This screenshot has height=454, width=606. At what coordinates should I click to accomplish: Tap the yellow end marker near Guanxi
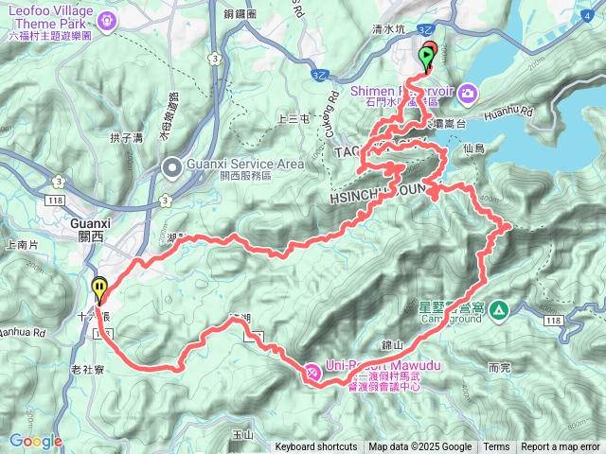pyautogui.click(x=99, y=287)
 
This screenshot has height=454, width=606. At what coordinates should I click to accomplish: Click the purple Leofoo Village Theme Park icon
pyautogui.click(x=108, y=19)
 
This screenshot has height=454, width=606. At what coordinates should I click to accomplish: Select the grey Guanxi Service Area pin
pyautogui.click(x=171, y=167)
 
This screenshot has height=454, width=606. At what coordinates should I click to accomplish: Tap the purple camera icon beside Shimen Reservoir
pyautogui.click(x=468, y=93)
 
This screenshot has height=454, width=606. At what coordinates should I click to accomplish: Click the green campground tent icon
pyautogui.click(x=499, y=309)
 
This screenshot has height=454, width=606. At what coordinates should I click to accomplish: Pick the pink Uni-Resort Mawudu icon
pyautogui.click(x=312, y=375)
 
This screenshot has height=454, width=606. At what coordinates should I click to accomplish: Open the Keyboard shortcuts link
pyautogui.click(x=316, y=447)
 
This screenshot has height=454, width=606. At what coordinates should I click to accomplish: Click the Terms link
pyautogui.click(x=496, y=447)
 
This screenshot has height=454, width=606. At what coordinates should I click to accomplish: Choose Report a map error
pyautogui.click(x=561, y=447)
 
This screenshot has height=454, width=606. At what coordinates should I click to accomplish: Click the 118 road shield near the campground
pyautogui.click(x=554, y=322)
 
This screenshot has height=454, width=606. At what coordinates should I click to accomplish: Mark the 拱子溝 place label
pyautogui.click(x=125, y=138)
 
